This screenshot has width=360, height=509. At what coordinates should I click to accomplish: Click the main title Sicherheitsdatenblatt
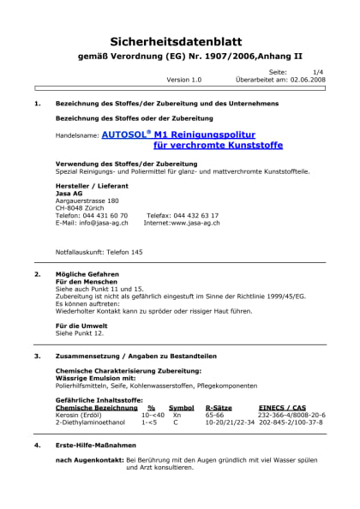179,40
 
